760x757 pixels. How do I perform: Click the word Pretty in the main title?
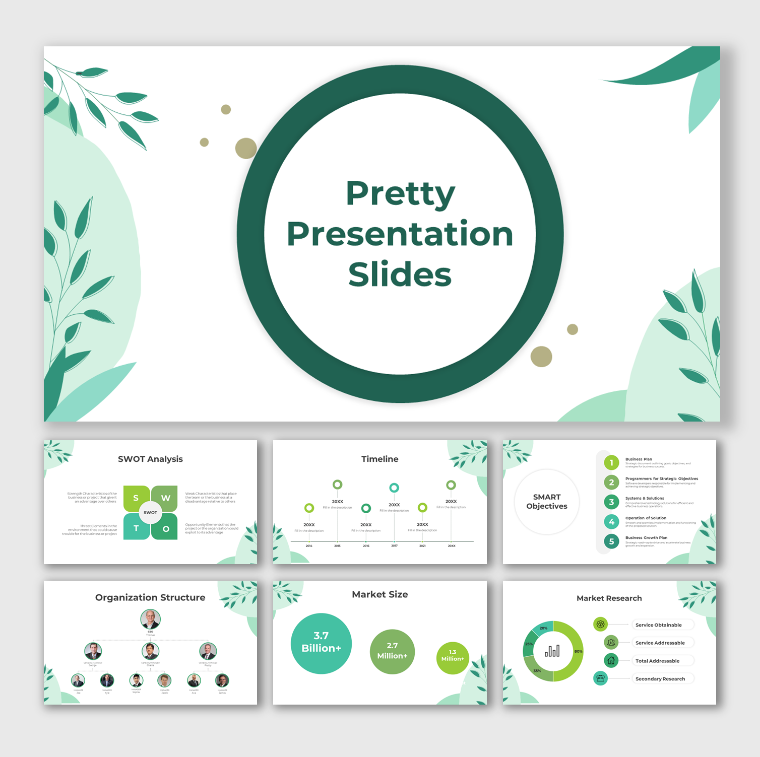click(400, 194)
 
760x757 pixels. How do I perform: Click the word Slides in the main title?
click(400, 274)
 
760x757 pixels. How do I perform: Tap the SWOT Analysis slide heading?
click(150, 459)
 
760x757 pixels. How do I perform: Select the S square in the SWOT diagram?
click(136, 498)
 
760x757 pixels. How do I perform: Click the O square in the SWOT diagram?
click(166, 529)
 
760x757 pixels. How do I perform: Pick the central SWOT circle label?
click(150, 513)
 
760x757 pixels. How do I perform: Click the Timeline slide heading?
click(379, 459)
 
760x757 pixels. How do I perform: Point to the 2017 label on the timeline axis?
click(394, 545)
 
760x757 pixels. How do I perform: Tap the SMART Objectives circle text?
click(547, 502)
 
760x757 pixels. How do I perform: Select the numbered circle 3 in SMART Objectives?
click(611, 502)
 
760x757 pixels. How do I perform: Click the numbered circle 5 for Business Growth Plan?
click(611, 541)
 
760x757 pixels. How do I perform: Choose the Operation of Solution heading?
click(646, 518)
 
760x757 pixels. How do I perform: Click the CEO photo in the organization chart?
click(150, 619)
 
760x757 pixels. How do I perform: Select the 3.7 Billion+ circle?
click(321, 643)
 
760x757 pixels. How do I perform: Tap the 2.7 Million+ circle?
click(392, 651)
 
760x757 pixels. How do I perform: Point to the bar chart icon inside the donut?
click(552, 651)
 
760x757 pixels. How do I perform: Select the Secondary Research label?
click(660, 679)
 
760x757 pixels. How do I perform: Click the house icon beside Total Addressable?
click(611, 660)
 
